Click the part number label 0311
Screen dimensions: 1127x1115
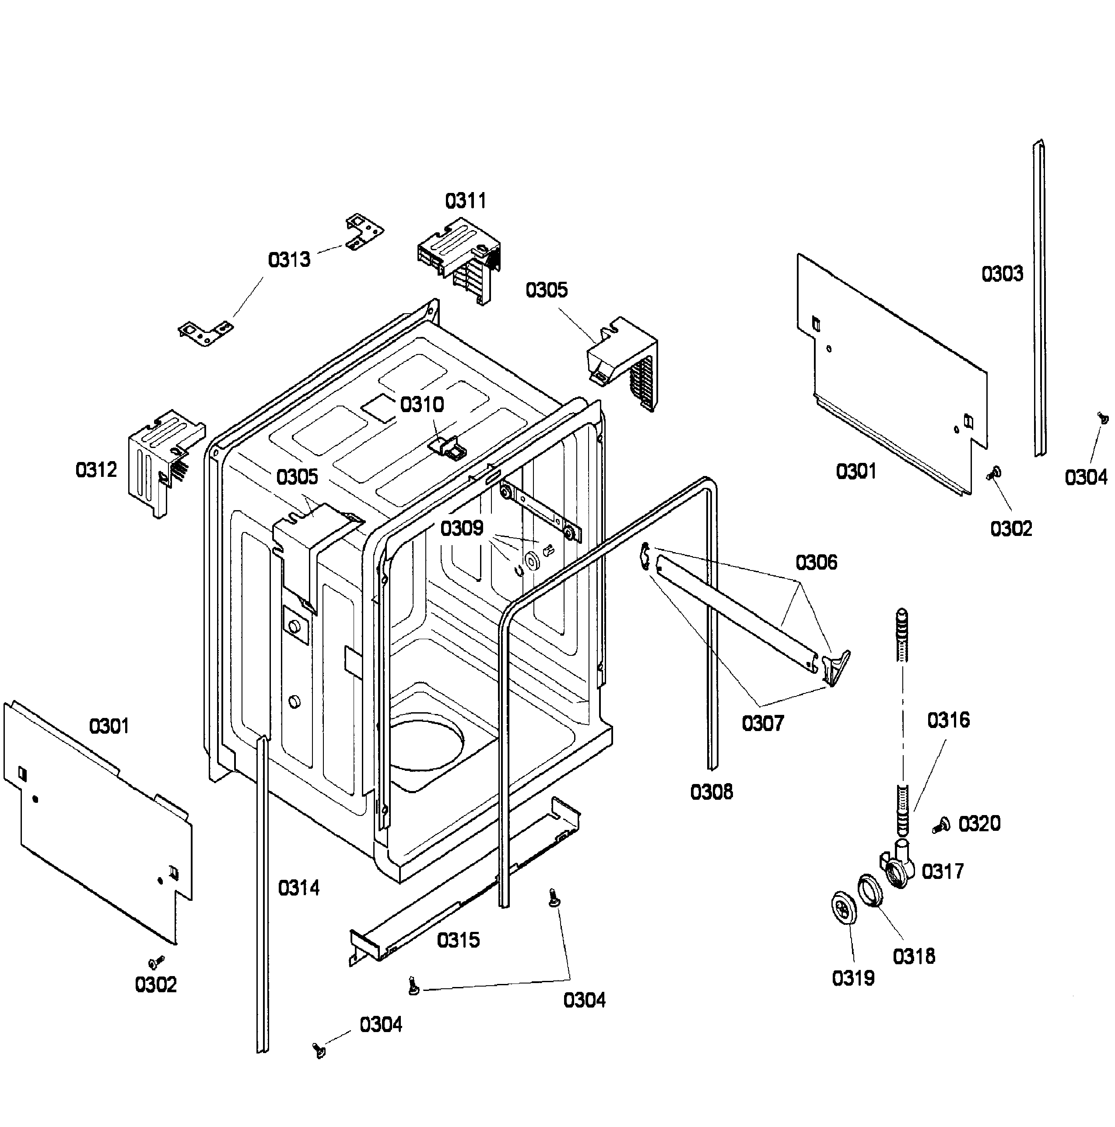point(465,201)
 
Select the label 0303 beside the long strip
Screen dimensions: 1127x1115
point(1002,273)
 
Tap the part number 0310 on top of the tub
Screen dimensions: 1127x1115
point(422,404)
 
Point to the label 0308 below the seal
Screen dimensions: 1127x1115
point(711,792)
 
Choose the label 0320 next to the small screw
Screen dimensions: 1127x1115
point(979,824)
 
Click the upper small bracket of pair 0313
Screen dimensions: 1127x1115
point(364,231)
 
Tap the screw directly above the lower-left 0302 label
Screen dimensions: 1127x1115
point(156,961)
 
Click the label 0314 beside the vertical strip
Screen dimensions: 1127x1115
point(299,888)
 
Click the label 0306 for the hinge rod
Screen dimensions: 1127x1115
point(816,562)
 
